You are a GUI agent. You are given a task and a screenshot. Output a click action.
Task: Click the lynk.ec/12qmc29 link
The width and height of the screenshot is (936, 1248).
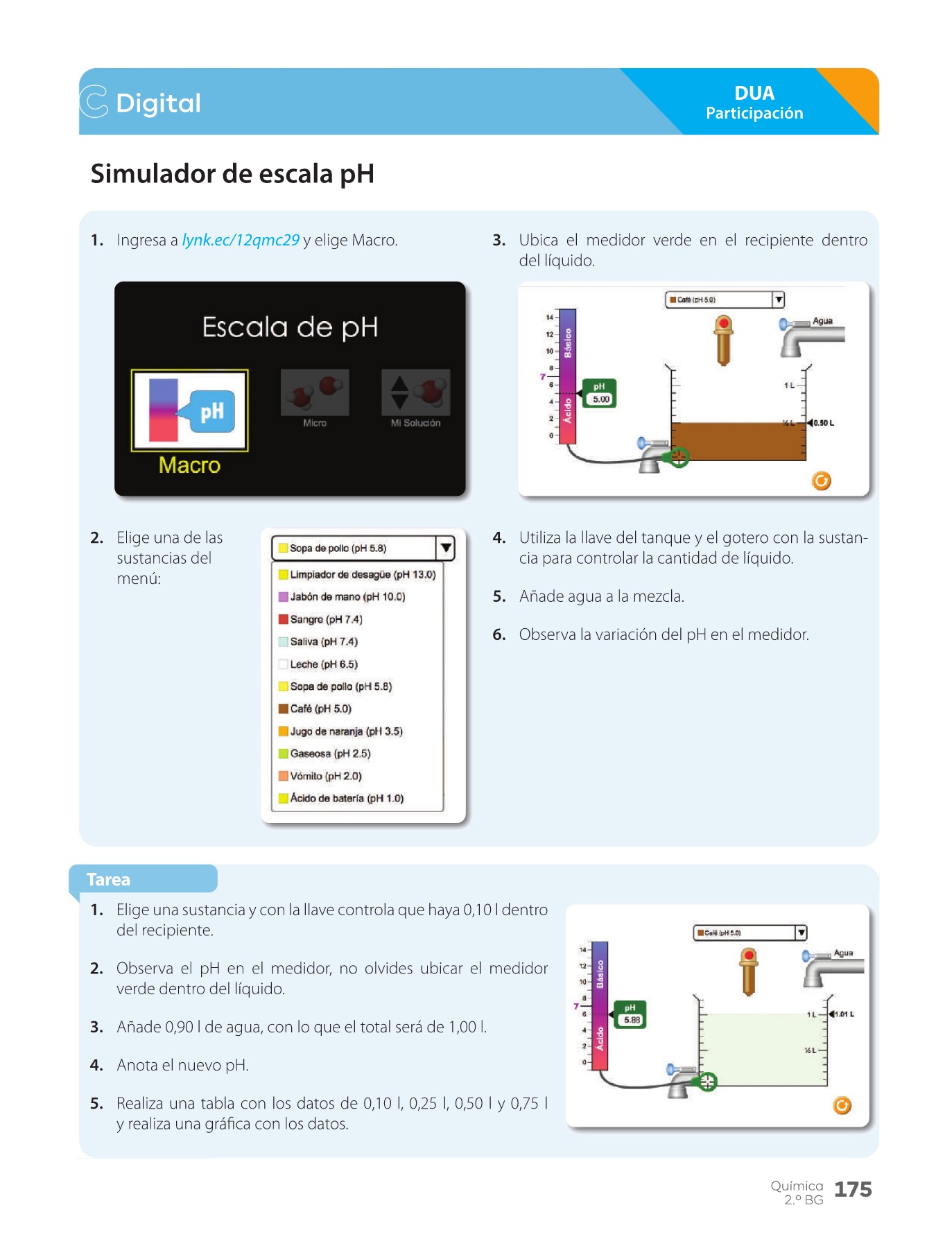(x=241, y=241)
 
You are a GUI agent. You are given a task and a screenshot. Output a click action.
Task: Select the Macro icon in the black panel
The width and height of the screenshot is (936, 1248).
(x=189, y=410)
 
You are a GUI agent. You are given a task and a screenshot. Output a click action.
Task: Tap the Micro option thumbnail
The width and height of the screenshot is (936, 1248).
(x=315, y=393)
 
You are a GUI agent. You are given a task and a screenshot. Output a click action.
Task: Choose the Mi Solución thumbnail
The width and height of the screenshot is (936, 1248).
(x=415, y=393)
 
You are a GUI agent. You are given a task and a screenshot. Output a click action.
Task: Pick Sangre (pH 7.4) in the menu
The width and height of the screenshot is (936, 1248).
(x=326, y=619)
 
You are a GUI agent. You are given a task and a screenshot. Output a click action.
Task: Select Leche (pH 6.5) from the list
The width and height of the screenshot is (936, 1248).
(x=323, y=664)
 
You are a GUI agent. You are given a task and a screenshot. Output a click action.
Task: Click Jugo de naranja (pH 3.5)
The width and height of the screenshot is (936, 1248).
(x=345, y=731)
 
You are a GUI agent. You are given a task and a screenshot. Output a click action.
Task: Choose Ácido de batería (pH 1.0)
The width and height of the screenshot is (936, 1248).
(x=346, y=799)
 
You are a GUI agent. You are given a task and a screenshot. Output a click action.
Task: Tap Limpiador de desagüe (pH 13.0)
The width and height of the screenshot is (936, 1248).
(x=362, y=575)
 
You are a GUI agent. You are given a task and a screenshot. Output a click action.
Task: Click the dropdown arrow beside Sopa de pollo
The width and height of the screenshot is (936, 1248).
(x=446, y=548)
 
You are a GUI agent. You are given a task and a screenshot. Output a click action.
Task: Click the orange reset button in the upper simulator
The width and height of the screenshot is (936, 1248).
(x=821, y=480)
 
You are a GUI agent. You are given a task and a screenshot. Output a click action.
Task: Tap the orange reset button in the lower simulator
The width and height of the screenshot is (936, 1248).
(x=842, y=1105)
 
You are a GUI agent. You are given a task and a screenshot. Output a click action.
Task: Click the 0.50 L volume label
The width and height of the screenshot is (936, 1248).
(x=824, y=423)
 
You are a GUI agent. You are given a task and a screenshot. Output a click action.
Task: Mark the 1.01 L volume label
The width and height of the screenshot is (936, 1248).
(x=844, y=1014)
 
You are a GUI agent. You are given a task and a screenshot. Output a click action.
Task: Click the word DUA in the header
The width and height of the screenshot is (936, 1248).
(x=754, y=94)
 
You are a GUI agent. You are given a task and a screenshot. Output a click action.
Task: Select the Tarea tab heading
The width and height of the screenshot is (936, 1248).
(x=109, y=880)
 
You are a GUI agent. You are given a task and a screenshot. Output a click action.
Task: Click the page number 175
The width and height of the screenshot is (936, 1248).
(x=853, y=1190)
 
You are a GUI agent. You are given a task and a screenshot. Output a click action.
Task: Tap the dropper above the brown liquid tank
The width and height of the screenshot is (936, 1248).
(x=723, y=340)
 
